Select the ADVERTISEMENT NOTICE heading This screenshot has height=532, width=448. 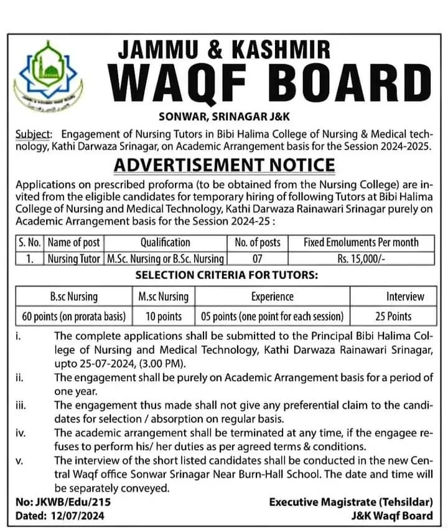click(223, 166)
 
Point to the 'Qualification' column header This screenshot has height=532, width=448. click(165, 242)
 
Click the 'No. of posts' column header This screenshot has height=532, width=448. click(257, 242)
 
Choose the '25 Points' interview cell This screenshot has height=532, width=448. click(404, 316)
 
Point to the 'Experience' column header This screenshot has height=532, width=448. click(272, 297)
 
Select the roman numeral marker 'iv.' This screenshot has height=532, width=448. click(21, 432)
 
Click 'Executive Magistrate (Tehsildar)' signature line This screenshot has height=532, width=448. click(351, 502)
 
